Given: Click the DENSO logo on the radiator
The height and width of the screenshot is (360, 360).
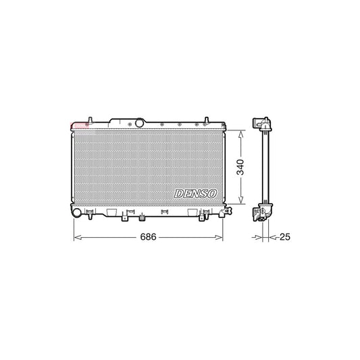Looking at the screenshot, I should tap(196, 194).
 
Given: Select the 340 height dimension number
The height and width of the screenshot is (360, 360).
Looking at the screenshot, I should tap(240, 168).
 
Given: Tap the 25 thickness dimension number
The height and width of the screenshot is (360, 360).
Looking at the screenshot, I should tap(284, 238).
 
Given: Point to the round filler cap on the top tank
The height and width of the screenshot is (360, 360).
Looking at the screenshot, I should tap(140, 123).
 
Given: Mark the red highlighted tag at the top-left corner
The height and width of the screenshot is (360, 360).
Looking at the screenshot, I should tap(79, 125).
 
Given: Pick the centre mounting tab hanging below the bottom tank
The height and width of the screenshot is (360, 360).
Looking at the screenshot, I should tap(143, 217).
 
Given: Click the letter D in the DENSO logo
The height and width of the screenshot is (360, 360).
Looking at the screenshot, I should tap(178, 194).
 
